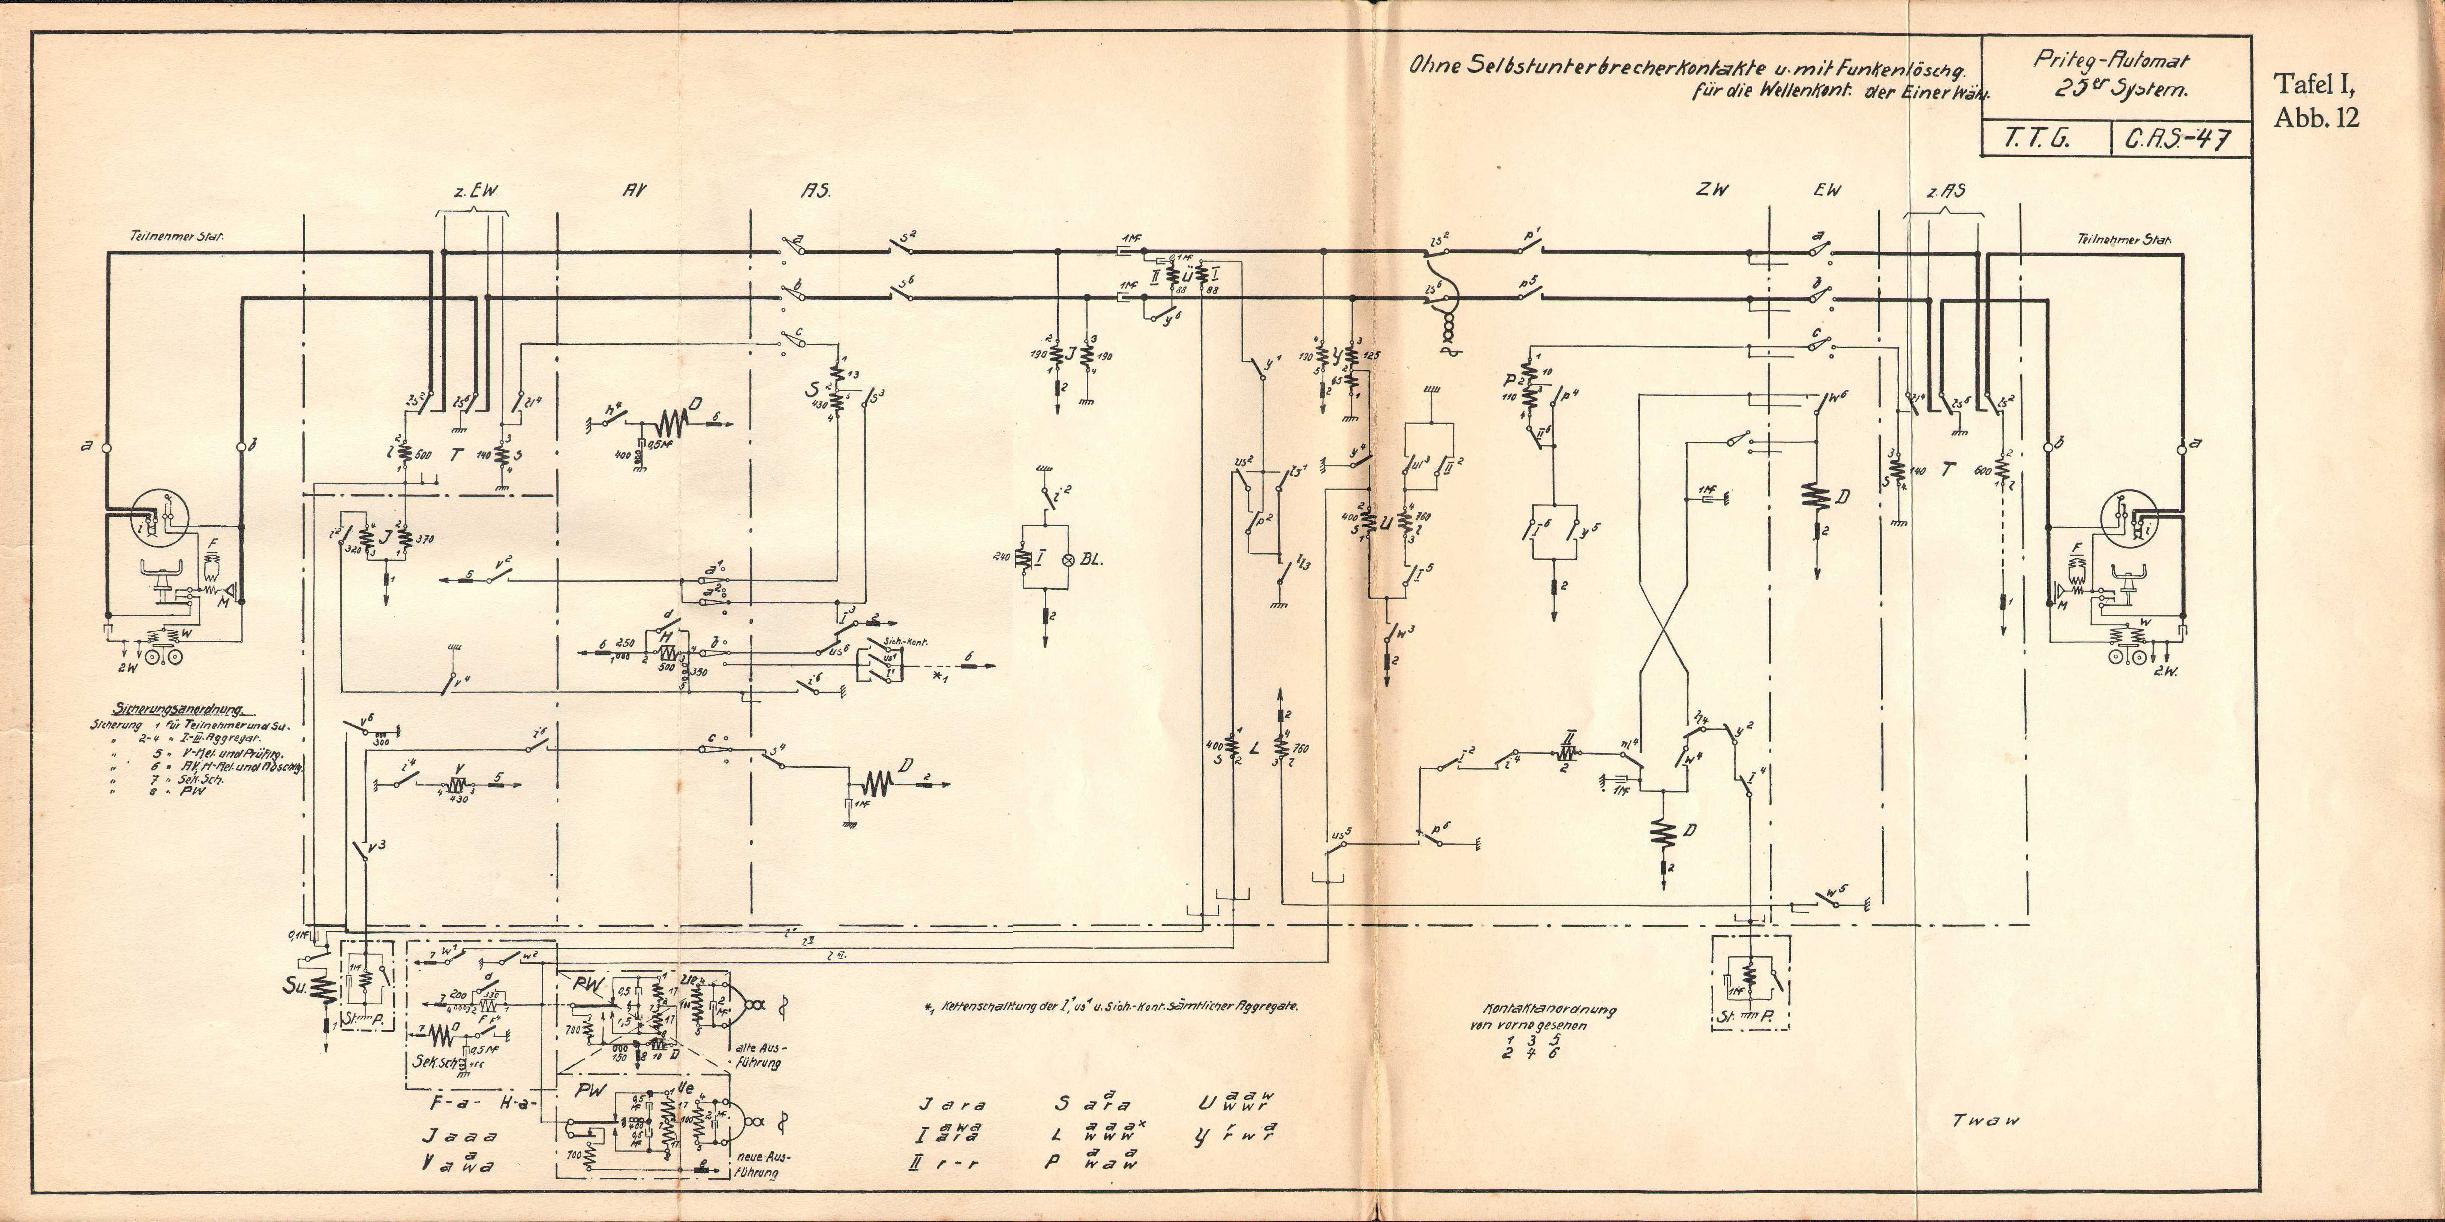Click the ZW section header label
coord(1711,190)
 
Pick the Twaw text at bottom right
coord(1986,1120)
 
